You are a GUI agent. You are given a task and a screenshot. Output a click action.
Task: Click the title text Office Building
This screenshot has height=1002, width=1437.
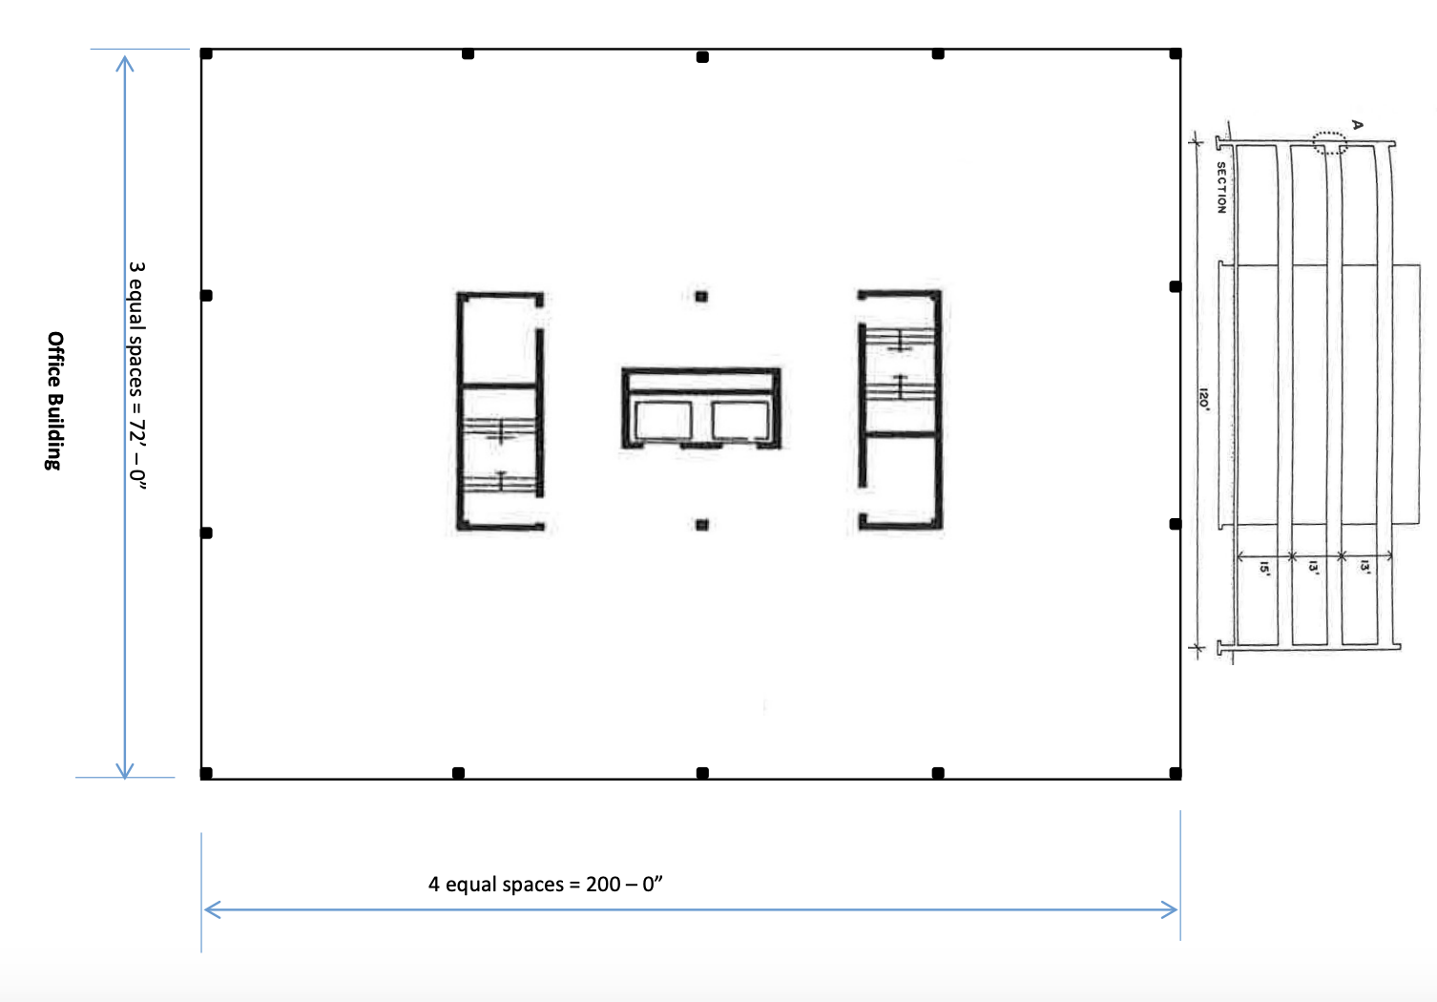point(55,401)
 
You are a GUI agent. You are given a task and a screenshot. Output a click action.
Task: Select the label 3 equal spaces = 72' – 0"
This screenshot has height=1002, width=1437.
point(138,375)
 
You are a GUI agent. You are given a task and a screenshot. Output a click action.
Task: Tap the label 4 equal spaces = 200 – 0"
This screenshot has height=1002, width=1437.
point(545,885)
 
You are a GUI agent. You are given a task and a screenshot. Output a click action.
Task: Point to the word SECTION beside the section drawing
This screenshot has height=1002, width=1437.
point(1221,187)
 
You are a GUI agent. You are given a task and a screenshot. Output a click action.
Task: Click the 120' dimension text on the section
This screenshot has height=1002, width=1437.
point(1203,399)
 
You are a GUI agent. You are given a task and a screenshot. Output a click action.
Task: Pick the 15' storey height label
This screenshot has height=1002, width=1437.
point(1264,568)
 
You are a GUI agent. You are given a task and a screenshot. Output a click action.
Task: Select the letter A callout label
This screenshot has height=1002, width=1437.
point(1358,125)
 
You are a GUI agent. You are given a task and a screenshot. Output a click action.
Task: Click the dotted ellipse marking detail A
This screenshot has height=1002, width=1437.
point(1329,143)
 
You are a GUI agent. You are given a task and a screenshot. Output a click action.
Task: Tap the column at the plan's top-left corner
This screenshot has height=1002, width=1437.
point(206,53)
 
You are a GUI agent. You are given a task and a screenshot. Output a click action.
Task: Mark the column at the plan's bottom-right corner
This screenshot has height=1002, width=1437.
point(1175,773)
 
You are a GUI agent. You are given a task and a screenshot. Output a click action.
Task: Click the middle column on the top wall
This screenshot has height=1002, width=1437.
point(702,57)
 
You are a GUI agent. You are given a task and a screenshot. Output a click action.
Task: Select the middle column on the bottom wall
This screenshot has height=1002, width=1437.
point(702,773)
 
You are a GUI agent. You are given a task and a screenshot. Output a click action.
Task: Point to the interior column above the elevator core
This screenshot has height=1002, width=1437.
point(701,297)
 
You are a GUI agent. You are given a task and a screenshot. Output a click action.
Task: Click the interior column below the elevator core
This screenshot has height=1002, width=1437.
point(701,524)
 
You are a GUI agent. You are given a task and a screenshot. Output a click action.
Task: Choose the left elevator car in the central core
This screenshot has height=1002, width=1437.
point(662,421)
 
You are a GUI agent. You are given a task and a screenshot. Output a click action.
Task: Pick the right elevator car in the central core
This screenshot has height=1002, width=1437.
point(740,421)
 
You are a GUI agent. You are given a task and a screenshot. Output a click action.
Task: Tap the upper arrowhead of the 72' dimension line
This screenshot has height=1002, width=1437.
point(124,61)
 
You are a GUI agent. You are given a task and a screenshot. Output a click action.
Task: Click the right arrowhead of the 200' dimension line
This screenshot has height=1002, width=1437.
point(1172,909)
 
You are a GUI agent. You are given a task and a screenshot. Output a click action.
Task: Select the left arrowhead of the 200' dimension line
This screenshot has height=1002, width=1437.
point(211,909)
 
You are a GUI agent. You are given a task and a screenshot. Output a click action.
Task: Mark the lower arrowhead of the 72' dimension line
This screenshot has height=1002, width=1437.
point(124,771)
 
